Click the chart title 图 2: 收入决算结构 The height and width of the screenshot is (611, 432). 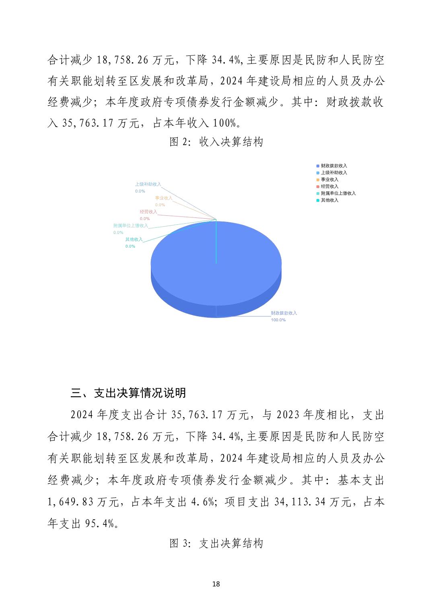(216, 142)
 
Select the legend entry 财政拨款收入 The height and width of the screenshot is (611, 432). (333, 166)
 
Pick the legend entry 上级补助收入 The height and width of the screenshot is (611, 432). (333, 172)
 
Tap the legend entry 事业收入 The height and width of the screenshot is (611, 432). (329, 179)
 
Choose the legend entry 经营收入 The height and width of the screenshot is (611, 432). (329, 186)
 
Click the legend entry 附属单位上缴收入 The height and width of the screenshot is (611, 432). (338, 193)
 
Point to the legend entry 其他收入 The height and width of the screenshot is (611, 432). (329, 200)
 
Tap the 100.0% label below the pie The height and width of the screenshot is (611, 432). (278, 320)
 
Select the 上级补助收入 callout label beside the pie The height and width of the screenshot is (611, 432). (148, 185)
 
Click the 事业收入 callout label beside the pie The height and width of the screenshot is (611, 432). (163, 198)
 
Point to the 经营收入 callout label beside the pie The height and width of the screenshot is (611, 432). (148, 212)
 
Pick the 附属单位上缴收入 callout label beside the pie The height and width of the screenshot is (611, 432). (130, 226)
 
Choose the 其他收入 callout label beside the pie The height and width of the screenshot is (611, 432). (134, 240)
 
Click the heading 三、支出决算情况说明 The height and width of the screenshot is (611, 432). (128, 393)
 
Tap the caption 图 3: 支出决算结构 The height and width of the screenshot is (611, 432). (216, 543)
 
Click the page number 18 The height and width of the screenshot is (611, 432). (216, 584)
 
